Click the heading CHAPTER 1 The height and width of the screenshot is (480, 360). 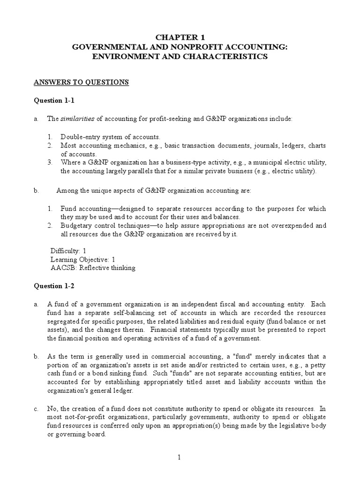[x=180, y=37]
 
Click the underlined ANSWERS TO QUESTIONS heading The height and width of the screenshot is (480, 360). [x=81, y=82]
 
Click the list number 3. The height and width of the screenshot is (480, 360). [x=50, y=162]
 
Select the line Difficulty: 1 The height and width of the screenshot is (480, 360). [x=68, y=251]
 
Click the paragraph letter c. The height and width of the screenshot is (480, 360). [x=36, y=409]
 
